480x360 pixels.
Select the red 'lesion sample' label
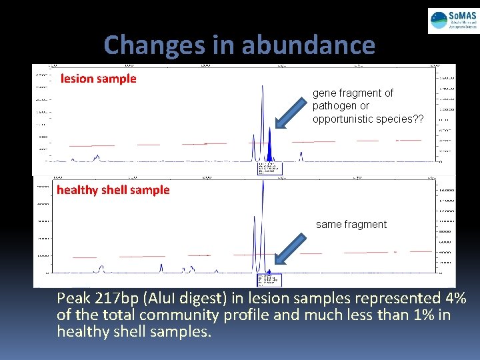[99, 79]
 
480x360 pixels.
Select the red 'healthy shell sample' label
[113, 190]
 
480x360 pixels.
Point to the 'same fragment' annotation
[351, 225]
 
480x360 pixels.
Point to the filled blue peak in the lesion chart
[269, 147]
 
